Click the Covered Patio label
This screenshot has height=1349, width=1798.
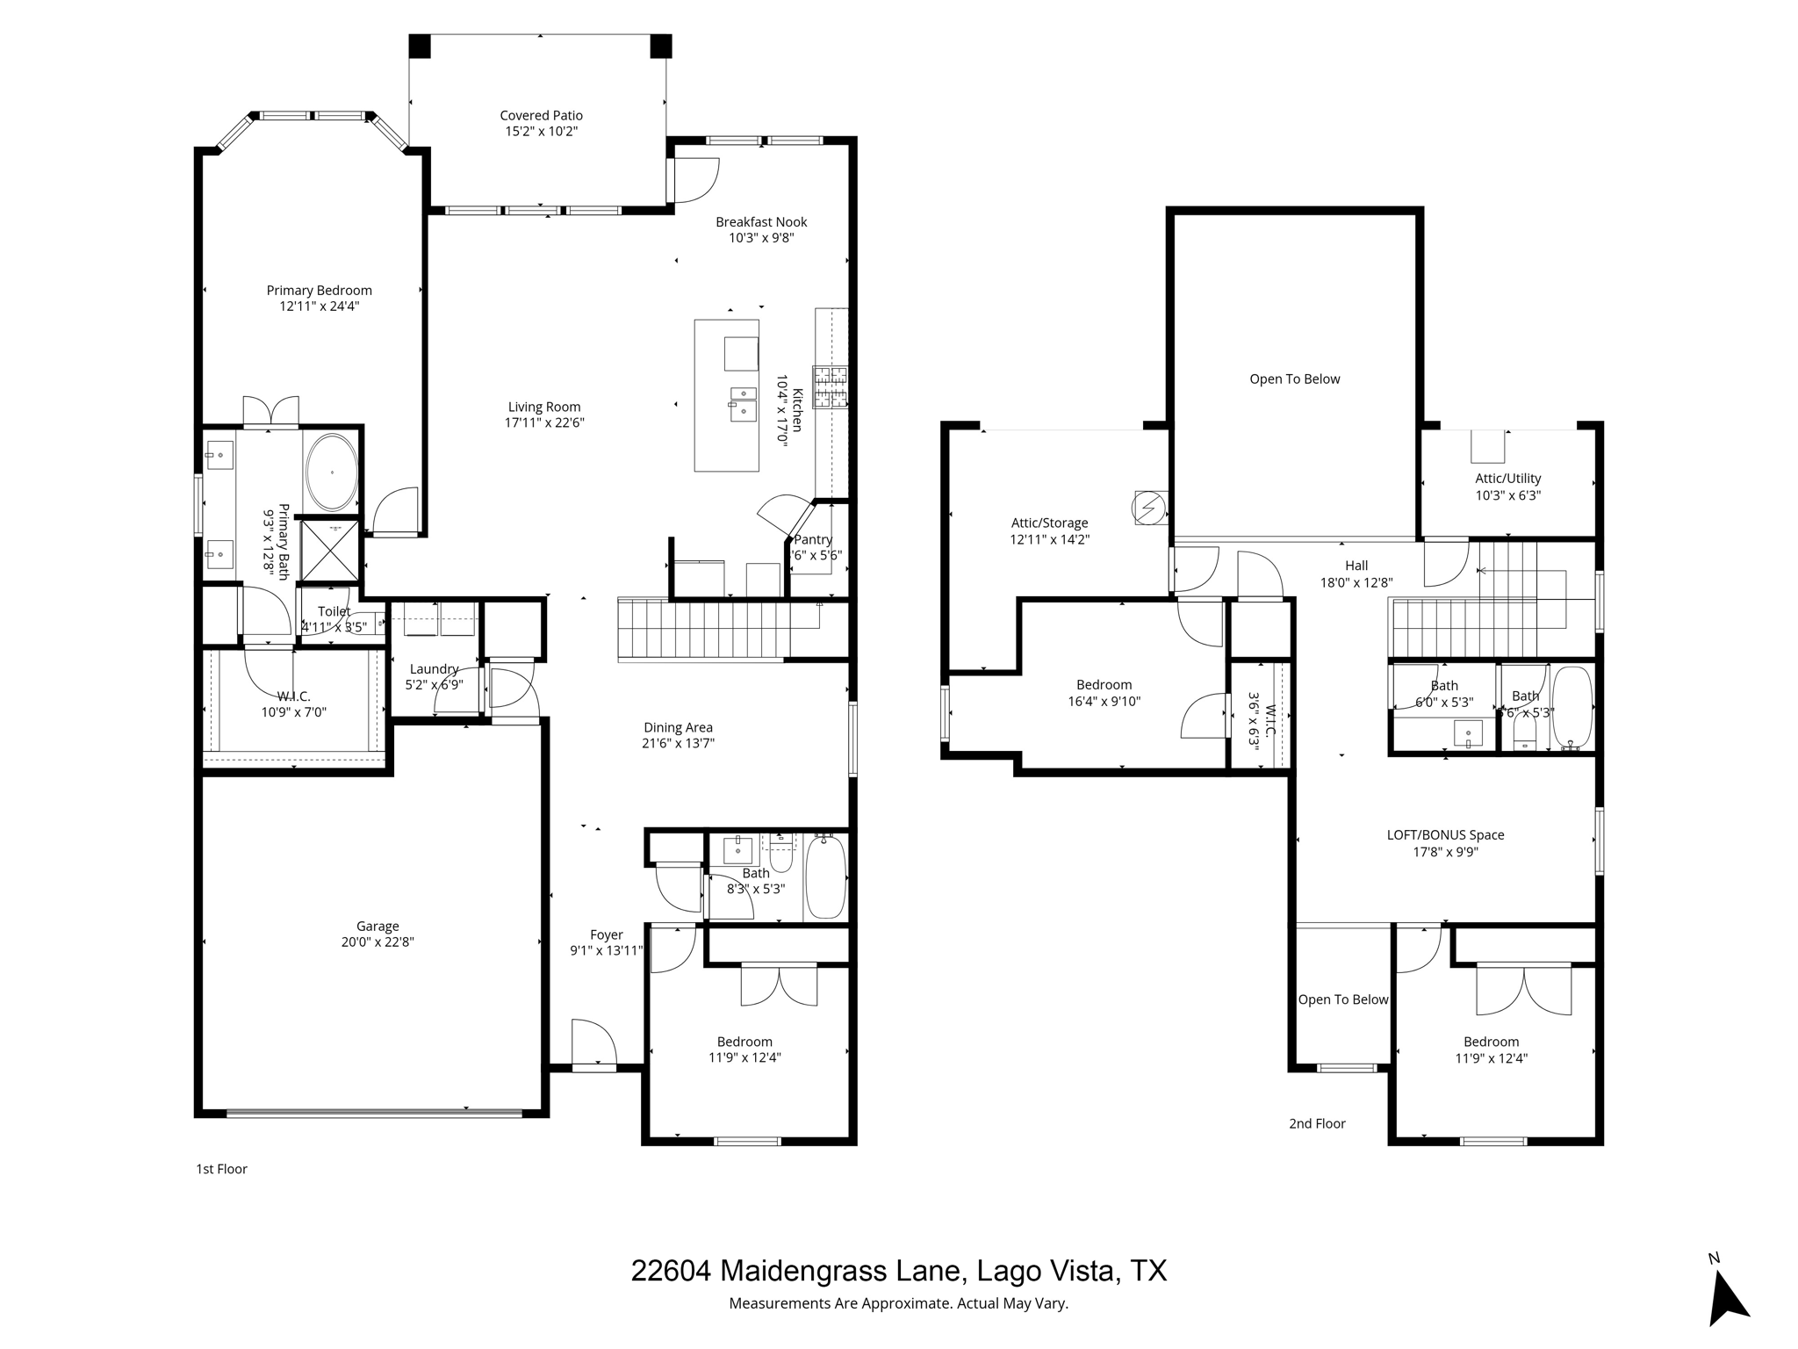[x=541, y=115]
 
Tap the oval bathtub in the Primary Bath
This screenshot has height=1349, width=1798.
[x=332, y=473]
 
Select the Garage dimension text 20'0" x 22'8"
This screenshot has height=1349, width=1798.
[x=378, y=942]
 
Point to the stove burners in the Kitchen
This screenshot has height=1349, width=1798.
[x=830, y=387]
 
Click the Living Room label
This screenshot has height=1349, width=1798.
[x=544, y=407]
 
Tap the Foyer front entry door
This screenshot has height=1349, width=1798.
[x=593, y=1045]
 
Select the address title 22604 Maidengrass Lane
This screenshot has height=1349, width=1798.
[x=898, y=1270]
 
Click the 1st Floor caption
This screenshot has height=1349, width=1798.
[x=221, y=1169]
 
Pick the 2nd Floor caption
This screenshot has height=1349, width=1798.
[x=1317, y=1123]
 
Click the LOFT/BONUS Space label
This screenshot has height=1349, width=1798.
[x=1445, y=835]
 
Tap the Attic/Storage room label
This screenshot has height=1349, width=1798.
[x=1049, y=523]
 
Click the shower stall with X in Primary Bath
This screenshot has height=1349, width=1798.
[x=330, y=551]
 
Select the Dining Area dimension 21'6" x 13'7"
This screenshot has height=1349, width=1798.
[x=678, y=743]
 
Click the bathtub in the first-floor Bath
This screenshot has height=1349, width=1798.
[x=825, y=876]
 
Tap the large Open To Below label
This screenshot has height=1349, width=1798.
[x=1294, y=379]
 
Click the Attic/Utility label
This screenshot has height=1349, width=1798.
[x=1507, y=479]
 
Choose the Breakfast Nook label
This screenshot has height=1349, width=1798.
[x=761, y=222]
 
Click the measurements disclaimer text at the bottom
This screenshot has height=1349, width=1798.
[x=898, y=1303]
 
